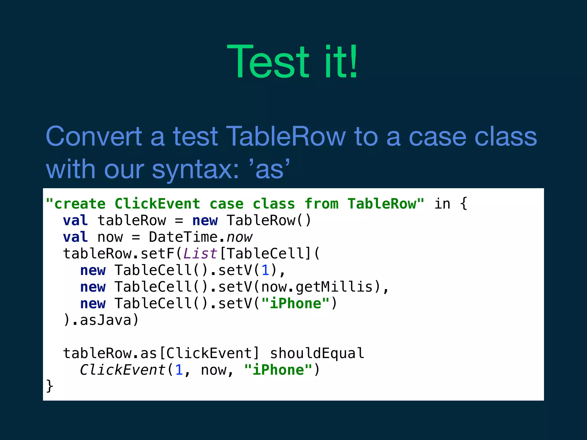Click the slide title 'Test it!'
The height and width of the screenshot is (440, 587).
(292, 62)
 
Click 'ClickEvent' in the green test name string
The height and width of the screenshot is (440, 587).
(157, 204)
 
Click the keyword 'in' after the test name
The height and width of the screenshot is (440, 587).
(442, 204)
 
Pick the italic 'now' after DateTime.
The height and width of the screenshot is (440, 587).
(239, 237)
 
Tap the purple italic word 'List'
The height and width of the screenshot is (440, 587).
(200, 254)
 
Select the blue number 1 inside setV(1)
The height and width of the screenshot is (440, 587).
(265, 270)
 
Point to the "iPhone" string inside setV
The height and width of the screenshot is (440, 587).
(296, 304)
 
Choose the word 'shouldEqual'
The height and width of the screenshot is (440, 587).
(317, 353)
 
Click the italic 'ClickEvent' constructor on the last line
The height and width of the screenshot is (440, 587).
(123, 370)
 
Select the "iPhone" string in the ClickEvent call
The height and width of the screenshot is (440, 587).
(278, 370)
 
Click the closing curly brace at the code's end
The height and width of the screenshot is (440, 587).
(50, 386)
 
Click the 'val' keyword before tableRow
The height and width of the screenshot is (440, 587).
(75, 221)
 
